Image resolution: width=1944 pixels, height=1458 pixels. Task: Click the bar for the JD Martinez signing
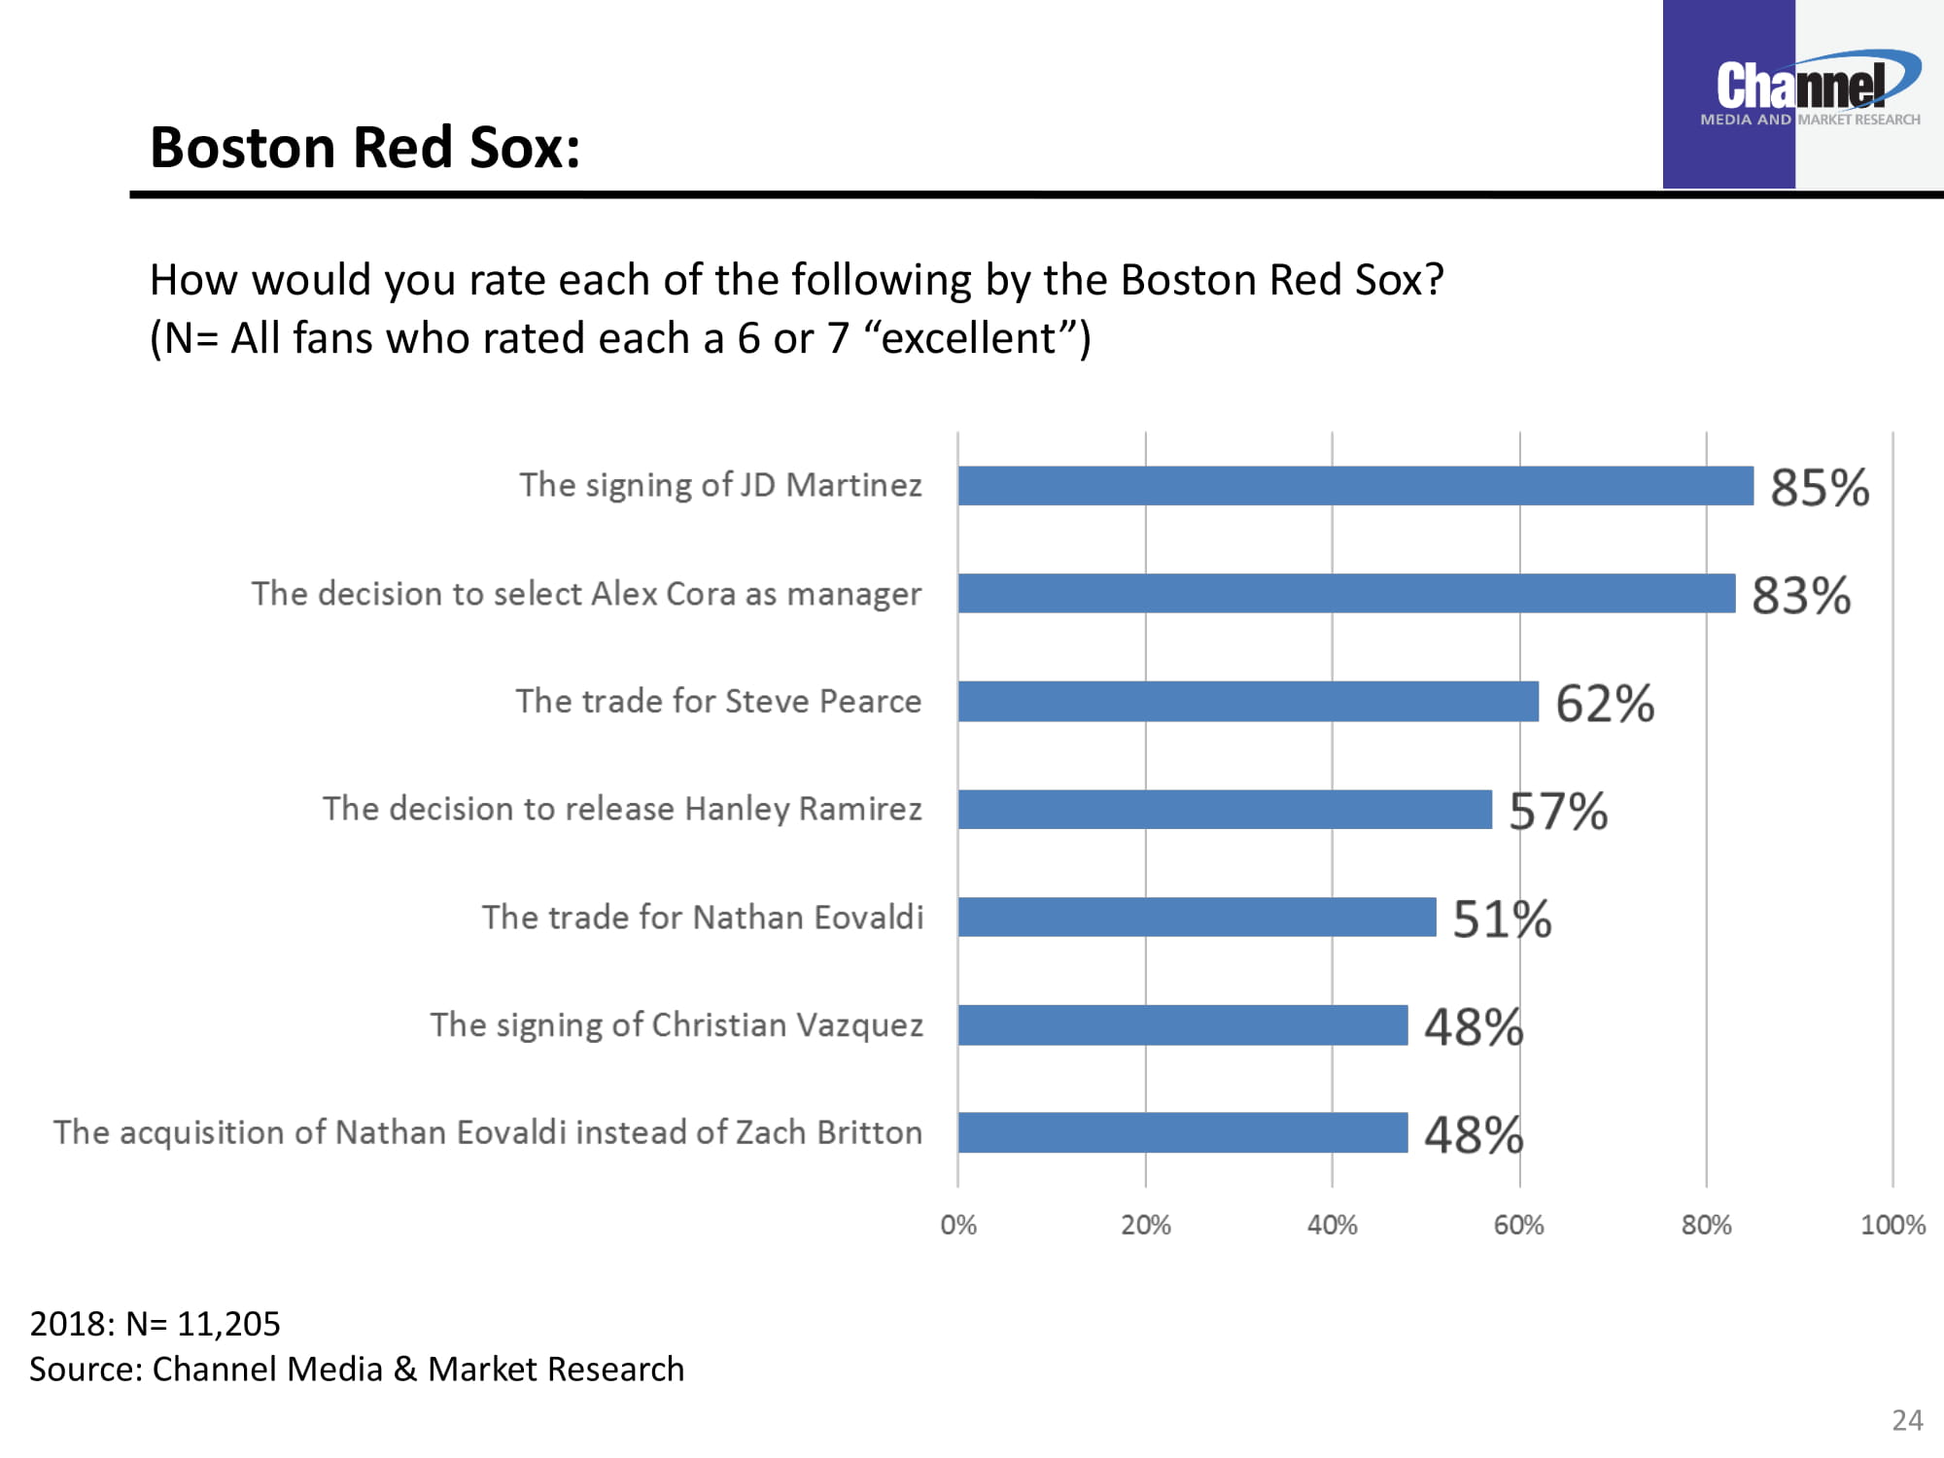(x=1355, y=485)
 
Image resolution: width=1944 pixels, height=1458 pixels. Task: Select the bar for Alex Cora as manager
(x=1346, y=593)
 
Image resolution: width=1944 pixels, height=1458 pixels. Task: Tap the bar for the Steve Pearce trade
(x=1248, y=701)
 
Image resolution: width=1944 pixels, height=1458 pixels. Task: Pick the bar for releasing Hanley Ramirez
(x=1225, y=809)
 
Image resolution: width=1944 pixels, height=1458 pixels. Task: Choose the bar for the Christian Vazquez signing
(x=1183, y=1024)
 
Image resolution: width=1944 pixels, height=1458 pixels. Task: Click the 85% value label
(x=1819, y=487)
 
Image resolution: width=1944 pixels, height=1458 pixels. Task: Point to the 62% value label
(x=1604, y=703)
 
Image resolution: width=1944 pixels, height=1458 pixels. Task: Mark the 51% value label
(x=1501, y=919)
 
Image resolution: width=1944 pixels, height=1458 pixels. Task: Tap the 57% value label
(x=1557, y=811)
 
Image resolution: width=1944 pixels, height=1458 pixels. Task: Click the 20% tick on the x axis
(x=1145, y=1225)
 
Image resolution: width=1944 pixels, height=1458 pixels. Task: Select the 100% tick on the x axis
(x=1892, y=1225)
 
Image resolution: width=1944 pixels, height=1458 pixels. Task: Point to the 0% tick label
(x=957, y=1225)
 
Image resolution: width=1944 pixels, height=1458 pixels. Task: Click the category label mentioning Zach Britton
(x=488, y=1132)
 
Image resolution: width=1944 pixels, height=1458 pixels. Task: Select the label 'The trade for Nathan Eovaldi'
(x=702, y=917)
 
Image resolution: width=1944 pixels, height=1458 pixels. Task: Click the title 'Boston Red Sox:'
(x=364, y=147)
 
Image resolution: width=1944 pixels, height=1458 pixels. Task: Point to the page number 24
(x=1906, y=1420)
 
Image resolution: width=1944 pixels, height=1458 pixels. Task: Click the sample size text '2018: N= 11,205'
(x=155, y=1323)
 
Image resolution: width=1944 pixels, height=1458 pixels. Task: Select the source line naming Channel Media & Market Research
(x=357, y=1369)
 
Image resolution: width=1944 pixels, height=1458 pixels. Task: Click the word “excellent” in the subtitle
(x=968, y=338)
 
